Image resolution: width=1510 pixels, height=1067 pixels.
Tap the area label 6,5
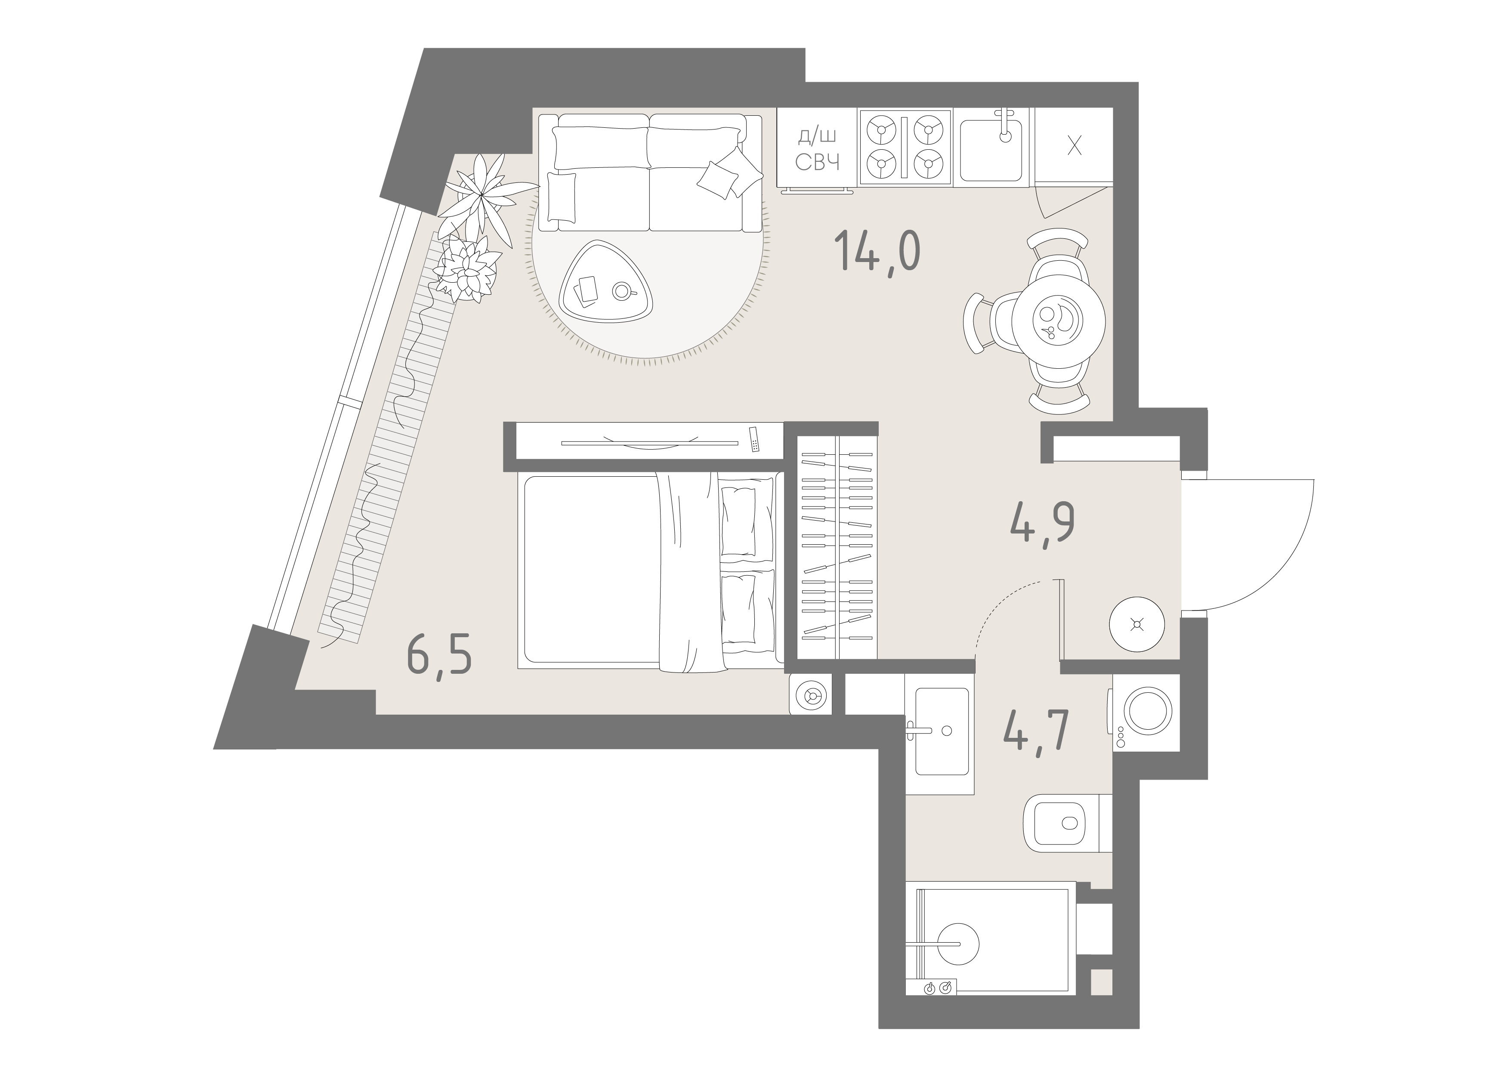click(x=439, y=655)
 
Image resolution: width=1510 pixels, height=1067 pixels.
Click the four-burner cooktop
click(x=904, y=147)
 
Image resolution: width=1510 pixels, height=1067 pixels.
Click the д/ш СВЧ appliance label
click(x=818, y=149)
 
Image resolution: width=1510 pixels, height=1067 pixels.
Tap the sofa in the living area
click(x=650, y=172)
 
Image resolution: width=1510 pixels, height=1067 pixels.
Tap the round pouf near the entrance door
click(x=1136, y=624)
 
